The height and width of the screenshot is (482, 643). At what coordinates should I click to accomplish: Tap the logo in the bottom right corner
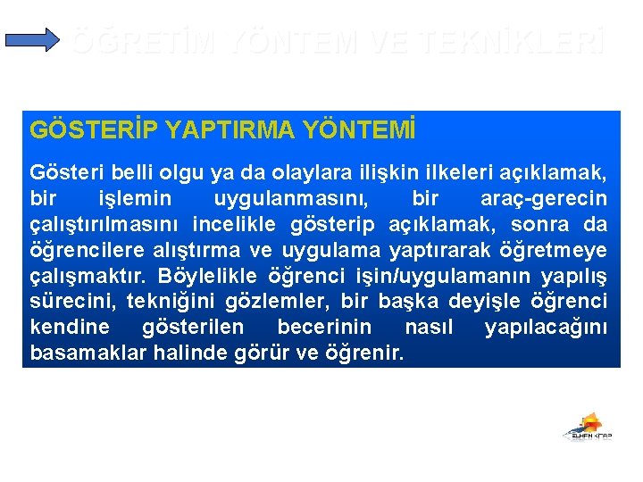click(x=587, y=428)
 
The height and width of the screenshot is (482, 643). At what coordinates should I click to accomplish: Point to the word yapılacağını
click(x=546, y=327)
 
